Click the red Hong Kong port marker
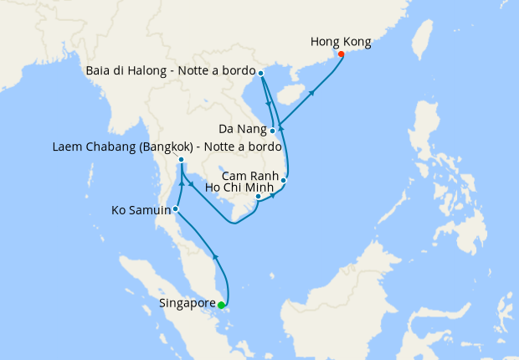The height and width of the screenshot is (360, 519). click(341, 55)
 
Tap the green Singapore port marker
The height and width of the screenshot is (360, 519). click(220, 306)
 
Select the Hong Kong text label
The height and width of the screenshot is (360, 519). click(340, 41)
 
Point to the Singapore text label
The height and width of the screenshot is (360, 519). click(186, 304)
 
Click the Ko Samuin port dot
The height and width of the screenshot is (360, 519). click(176, 208)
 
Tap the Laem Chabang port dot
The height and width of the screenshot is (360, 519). click(181, 160)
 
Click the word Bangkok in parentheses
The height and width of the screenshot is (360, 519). click(166, 147)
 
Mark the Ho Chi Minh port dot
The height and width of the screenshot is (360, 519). click(270, 197)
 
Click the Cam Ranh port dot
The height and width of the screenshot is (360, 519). click(284, 180)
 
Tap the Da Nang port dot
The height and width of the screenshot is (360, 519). click(273, 131)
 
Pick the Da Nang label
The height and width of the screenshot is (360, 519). click(242, 129)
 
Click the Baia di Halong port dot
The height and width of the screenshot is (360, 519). click(261, 74)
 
